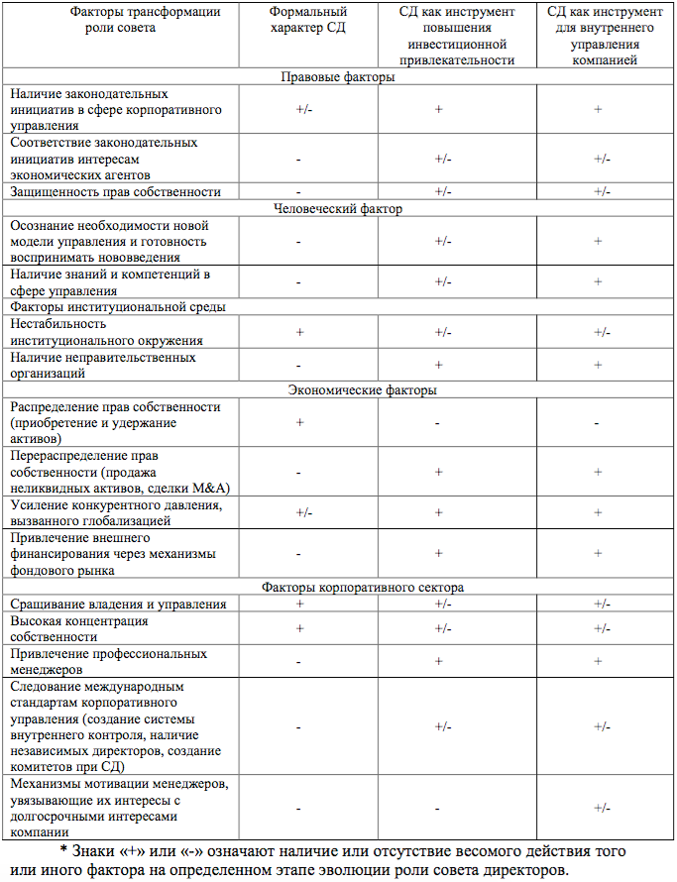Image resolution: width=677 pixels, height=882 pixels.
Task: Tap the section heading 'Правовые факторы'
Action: (x=338, y=76)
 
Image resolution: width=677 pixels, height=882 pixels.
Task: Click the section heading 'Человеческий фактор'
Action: (x=338, y=208)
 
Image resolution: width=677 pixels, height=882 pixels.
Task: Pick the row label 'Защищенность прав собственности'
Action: (x=115, y=191)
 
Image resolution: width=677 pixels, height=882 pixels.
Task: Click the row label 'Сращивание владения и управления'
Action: (x=117, y=604)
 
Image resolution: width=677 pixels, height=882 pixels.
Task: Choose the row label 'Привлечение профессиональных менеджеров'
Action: (x=108, y=661)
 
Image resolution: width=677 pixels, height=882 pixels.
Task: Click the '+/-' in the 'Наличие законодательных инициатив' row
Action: (x=304, y=109)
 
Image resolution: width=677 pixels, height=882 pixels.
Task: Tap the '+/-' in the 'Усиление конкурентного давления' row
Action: (x=304, y=512)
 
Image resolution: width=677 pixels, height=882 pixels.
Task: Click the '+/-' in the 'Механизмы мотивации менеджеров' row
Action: (x=602, y=809)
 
